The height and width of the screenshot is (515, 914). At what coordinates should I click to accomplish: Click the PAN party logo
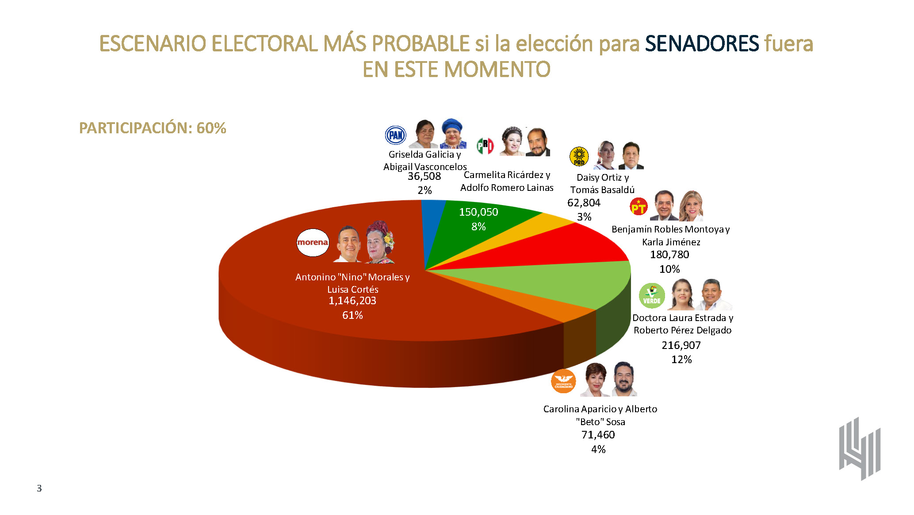pyautogui.click(x=395, y=135)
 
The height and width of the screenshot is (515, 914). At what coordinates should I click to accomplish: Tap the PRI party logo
pyautogui.click(x=485, y=145)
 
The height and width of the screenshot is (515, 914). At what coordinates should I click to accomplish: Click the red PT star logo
pyautogui.click(x=638, y=207)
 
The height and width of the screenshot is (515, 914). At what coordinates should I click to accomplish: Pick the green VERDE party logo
pyautogui.click(x=652, y=296)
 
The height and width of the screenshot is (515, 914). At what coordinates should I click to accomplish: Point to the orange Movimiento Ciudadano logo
pyautogui.click(x=563, y=381)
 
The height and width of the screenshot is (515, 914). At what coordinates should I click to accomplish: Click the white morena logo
pyautogui.click(x=313, y=243)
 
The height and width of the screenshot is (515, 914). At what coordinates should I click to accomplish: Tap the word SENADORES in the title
pyautogui.click(x=702, y=43)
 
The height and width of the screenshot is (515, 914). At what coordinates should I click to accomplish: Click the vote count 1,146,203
pyautogui.click(x=352, y=301)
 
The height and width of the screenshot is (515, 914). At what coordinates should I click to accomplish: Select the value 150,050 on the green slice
pyautogui.click(x=478, y=212)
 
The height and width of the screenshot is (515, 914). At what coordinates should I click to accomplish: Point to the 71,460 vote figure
pyautogui.click(x=598, y=435)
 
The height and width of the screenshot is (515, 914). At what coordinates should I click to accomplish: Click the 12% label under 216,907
pyautogui.click(x=681, y=360)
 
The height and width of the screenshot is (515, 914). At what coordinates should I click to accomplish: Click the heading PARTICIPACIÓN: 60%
pyautogui.click(x=153, y=128)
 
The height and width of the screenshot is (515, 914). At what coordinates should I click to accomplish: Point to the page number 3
pyautogui.click(x=39, y=488)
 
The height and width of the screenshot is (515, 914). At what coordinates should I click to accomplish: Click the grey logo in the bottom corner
pyautogui.click(x=860, y=449)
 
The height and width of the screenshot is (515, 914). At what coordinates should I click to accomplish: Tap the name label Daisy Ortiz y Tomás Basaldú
pyautogui.click(x=602, y=184)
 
